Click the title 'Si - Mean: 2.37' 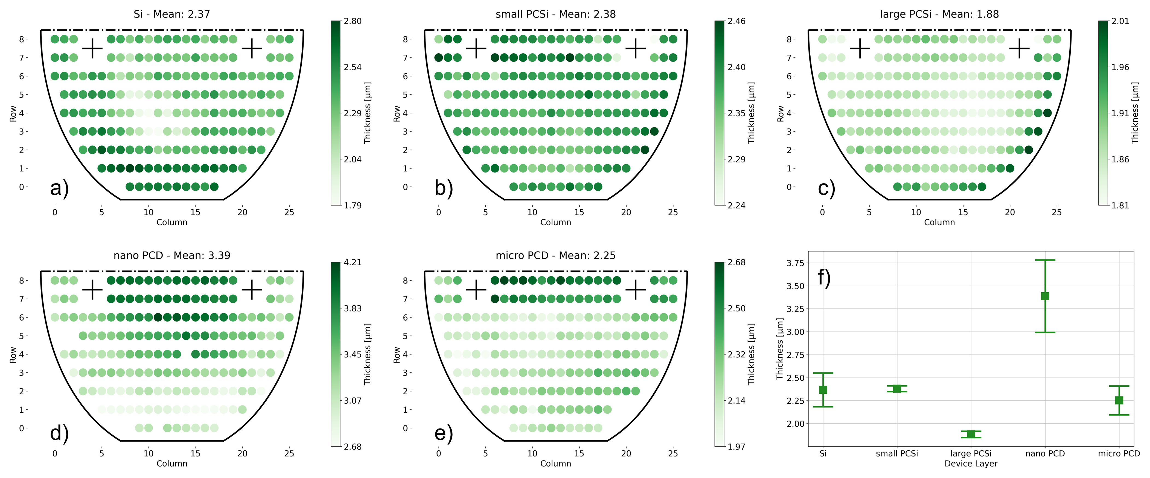pyautogui.click(x=171, y=14)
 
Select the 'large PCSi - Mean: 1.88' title pyautogui.click(x=939, y=14)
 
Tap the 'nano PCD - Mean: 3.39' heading pyautogui.click(x=171, y=255)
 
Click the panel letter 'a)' pyautogui.click(x=59, y=188)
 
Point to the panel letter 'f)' pyautogui.click(x=824, y=277)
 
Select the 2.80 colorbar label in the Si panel pyautogui.click(x=353, y=21)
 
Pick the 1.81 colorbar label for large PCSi pyautogui.click(x=1120, y=205)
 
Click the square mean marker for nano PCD pyautogui.click(x=1045, y=296)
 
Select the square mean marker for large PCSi pyautogui.click(x=971, y=434)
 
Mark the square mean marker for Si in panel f pyautogui.click(x=823, y=390)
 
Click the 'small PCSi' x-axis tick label pyautogui.click(x=897, y=453)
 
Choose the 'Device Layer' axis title pyautogui.click(x=971, y=464)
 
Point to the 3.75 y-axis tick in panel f pyautogui.click(x=795, y=263)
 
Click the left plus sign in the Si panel pyautogui.click(x=92, y=48)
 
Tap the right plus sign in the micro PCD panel pyautogui.click(x=636, y=290)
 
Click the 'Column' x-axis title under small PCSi pyautogui.click(x=555, y=222)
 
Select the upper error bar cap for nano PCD pyautogui.click(x=1045, y=260)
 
